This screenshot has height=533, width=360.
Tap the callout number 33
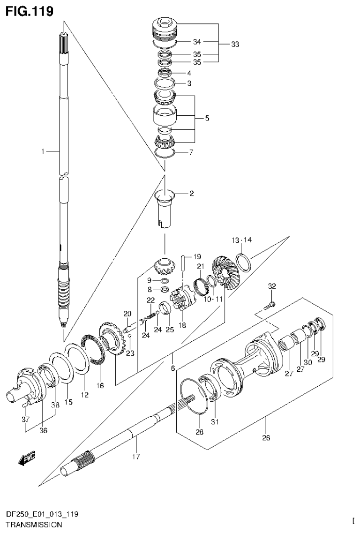tap(235, 45)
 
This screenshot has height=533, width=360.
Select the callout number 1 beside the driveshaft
tap(42, 151)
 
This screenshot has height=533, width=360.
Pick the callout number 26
tap(266, 438)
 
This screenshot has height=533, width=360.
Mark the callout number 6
tap(173, 368)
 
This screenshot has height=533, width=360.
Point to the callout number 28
tap(200, 432)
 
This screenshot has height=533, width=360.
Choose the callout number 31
tap(215, 421)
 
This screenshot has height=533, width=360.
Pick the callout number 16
tap(100, 385)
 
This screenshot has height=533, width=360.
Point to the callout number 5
tap(207, 118)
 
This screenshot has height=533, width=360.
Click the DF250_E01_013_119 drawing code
tap(42, 514)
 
